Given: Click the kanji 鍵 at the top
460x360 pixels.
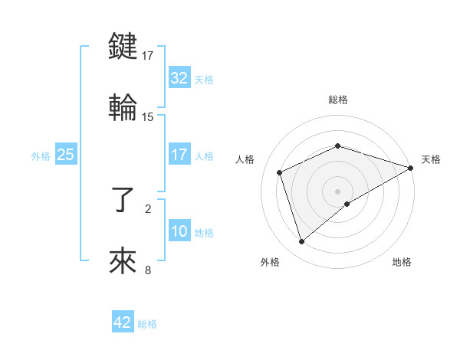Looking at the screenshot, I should pos(123,46).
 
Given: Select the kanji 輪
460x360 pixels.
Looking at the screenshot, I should pos(123,107).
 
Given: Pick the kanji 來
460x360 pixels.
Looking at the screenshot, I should pos(123,260).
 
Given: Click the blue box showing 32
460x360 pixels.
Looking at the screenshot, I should pos(179,78).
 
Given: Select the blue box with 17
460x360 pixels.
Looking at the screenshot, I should pos(179,155).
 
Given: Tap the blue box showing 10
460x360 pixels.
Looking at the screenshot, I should pos(179,231).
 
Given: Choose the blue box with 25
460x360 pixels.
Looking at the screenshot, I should pos(66,155).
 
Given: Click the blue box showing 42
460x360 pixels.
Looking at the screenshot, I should pos(123,322).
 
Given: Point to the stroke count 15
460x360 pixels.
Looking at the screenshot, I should pos(148,116).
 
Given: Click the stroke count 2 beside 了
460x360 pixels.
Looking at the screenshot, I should pos(148,208).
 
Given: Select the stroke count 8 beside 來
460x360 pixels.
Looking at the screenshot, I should pos(148,270).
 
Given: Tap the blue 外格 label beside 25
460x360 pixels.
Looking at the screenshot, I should pos(41,155).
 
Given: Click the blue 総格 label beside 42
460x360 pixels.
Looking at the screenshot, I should pos(147,323).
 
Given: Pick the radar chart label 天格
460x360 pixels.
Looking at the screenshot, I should pos(431,159).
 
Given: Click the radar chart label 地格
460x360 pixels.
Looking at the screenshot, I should pos(402,262).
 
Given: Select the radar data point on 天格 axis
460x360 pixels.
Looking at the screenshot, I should pos(411,168).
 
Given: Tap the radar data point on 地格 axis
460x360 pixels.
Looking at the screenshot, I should pos(347,204).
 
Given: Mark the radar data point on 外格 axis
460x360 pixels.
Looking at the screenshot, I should pos(301,242).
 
